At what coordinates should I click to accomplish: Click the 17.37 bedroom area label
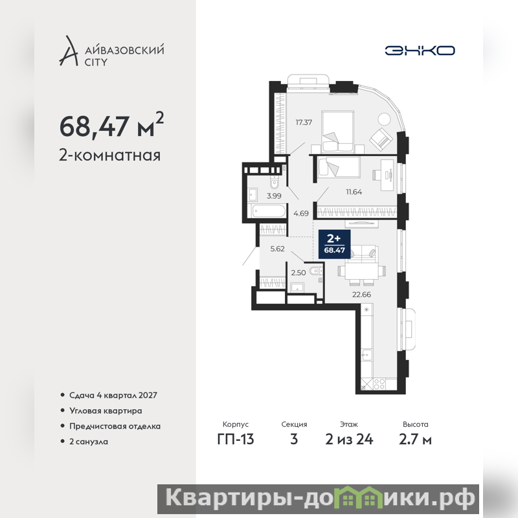click(x=304, y=122)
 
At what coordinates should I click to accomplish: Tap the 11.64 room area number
click(x=354, y=192)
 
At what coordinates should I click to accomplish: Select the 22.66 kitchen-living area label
click(x=361, y=295)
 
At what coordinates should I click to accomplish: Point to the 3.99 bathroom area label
click(x=274, y=196)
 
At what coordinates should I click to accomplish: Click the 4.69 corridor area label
click(x=301, y=214)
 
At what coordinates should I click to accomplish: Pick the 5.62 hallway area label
click(x=278, y=249)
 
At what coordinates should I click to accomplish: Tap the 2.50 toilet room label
click(x=298, y=273)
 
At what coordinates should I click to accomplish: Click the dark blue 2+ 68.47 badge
click(x=334, y=244)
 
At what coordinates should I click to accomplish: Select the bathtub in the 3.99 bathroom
click(x=268, y=212)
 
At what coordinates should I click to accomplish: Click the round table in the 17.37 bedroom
click(x=384, y=118)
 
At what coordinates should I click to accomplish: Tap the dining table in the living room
click(x=362, y=271)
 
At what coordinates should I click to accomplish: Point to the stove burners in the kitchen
click(x=379, y=384)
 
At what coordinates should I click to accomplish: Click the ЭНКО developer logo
click(x=420, y=51)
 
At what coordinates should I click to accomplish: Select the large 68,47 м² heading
click(x=111, y=126)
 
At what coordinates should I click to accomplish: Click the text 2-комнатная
click(x=109, y=155)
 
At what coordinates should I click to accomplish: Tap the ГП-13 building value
click(x=236, y=440)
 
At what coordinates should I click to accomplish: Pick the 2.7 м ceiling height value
click(x=415, y=440)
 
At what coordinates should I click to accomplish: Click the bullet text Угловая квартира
click(x=106, y=411)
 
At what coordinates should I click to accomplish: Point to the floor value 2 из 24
click(x=349, y=440)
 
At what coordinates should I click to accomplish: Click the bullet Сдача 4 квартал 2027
click(x=113, y=395)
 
